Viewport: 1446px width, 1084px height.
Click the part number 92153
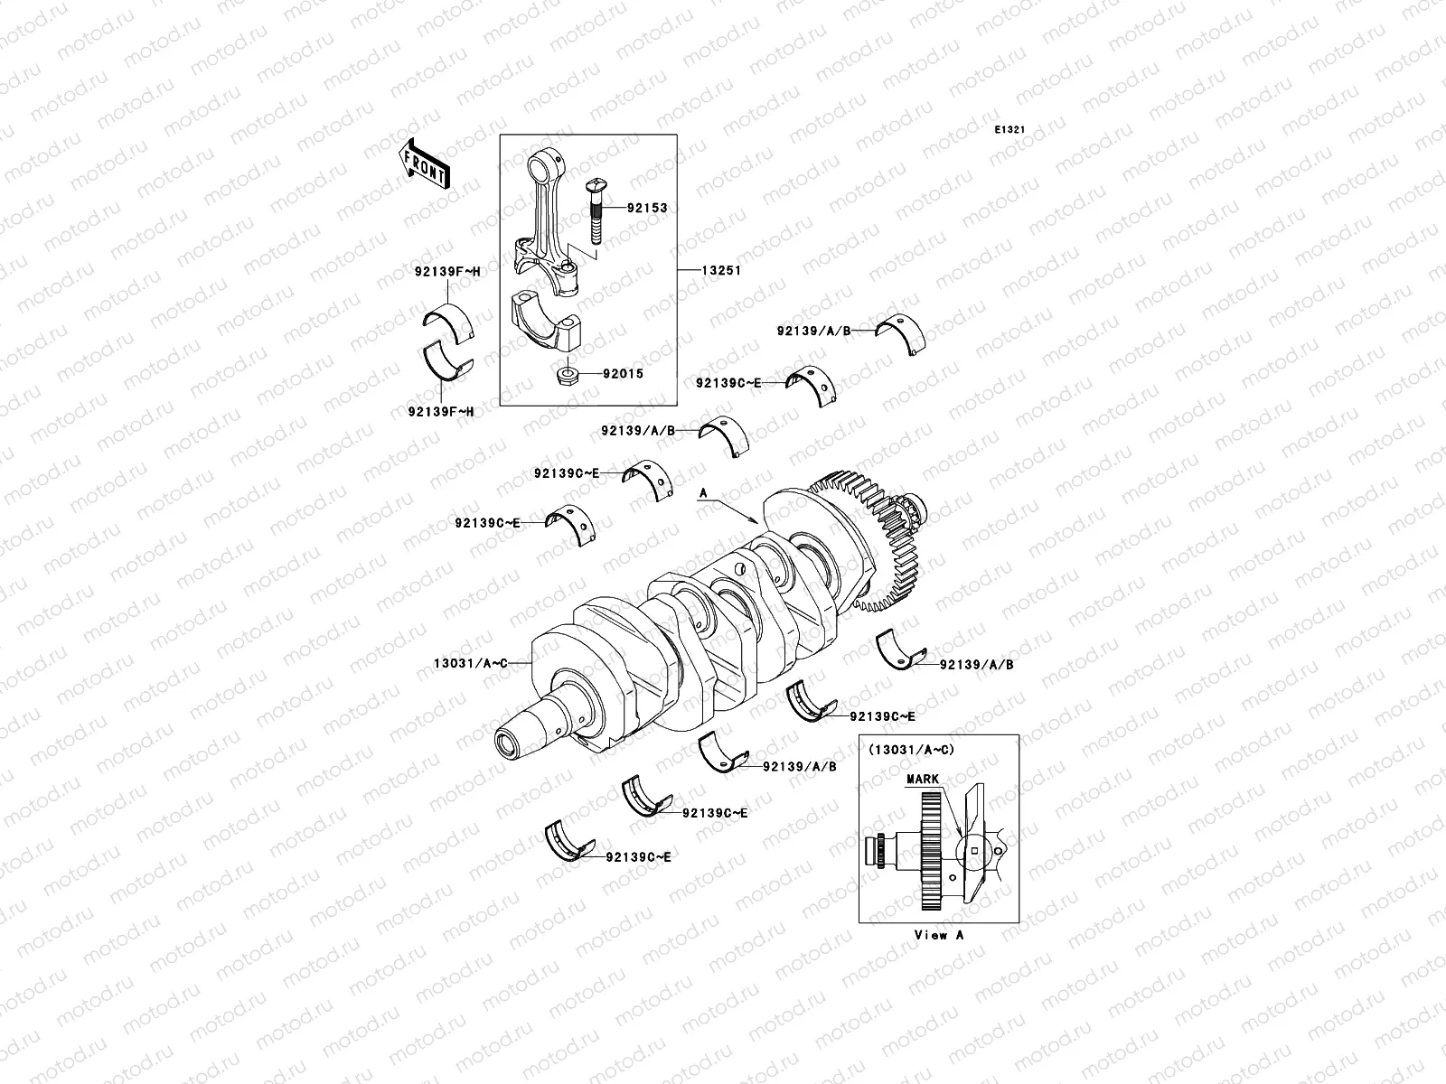click(647, 208)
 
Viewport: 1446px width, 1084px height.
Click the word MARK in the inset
click(923, 779)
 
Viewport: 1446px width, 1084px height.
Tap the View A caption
click(938, 935)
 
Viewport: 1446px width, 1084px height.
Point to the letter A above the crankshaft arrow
click(702, 494)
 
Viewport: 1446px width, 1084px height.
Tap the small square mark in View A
click(974, 849)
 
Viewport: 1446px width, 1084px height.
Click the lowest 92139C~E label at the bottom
click(638, 855)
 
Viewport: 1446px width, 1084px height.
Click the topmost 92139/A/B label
click(813, 331)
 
